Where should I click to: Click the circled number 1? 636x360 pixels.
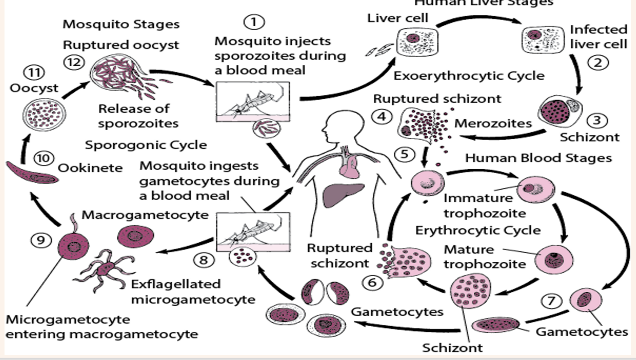pos(254,22)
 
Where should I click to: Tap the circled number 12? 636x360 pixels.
pos(75,62)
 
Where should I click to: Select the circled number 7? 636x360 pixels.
pos(552,301)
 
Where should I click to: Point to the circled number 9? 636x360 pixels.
pos(41,240)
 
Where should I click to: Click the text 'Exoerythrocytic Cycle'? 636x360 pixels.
pos(469,75)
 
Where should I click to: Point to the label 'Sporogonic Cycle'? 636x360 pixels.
pos(146,144)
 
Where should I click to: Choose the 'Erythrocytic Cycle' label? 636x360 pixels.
pos(478,230)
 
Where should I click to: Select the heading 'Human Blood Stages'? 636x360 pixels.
pos(538,157)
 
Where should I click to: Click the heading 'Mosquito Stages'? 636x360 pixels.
pos(121,24)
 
